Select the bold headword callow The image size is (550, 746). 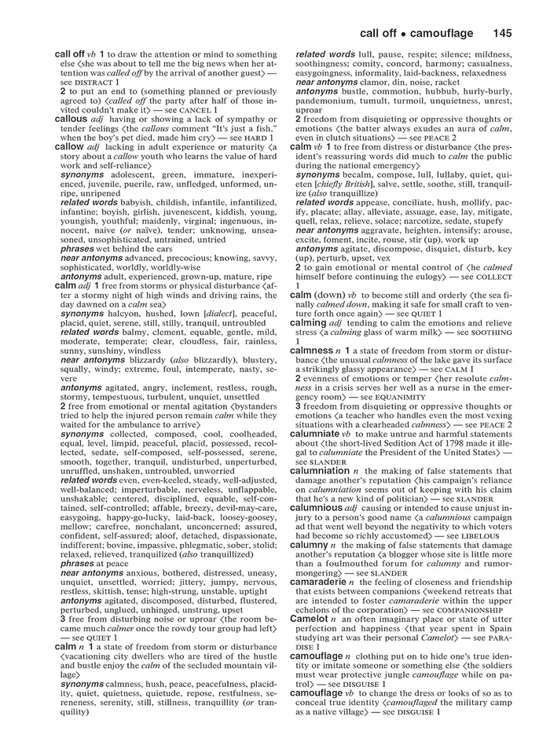(70, 146)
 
